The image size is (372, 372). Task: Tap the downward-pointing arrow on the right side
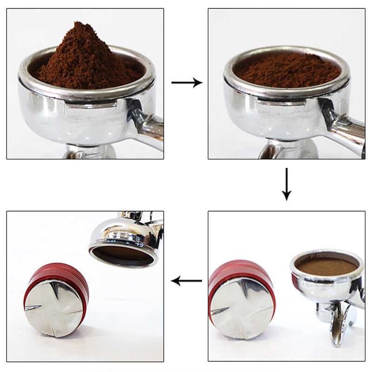pyautogui.click(x=286, y=185)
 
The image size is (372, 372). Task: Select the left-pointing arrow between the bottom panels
pyautogui.click(x=186, y=280)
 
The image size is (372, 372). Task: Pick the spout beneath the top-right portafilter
pyautogui.click(x=288, y=150)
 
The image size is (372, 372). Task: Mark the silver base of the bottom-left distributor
pyautogui.click(x=53, y=307)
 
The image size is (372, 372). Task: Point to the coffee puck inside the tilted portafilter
pyautogui.click(x=123, y=254)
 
